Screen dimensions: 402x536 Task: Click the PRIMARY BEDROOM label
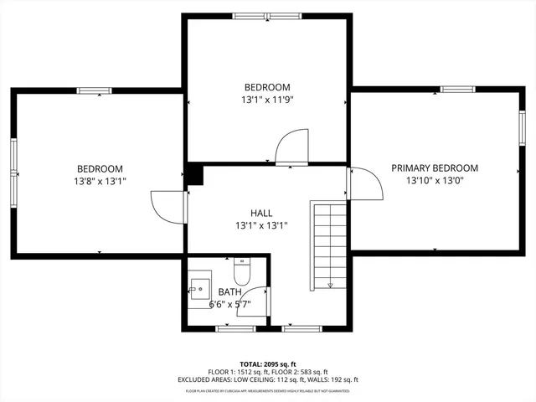435,167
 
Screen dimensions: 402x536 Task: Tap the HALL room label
261,213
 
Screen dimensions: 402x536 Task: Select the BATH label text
229,291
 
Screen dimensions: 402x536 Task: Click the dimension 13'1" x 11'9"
267,99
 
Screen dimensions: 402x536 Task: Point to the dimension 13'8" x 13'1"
100,180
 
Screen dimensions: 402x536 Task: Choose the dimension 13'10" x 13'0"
435,180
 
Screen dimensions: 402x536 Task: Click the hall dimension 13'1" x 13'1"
261,225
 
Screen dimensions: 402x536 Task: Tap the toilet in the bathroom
243,273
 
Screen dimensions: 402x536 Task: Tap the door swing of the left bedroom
167,206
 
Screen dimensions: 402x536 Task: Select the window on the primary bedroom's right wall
522,130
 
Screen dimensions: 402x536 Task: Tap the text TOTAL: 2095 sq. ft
268,364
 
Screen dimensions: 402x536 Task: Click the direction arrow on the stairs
330,282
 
